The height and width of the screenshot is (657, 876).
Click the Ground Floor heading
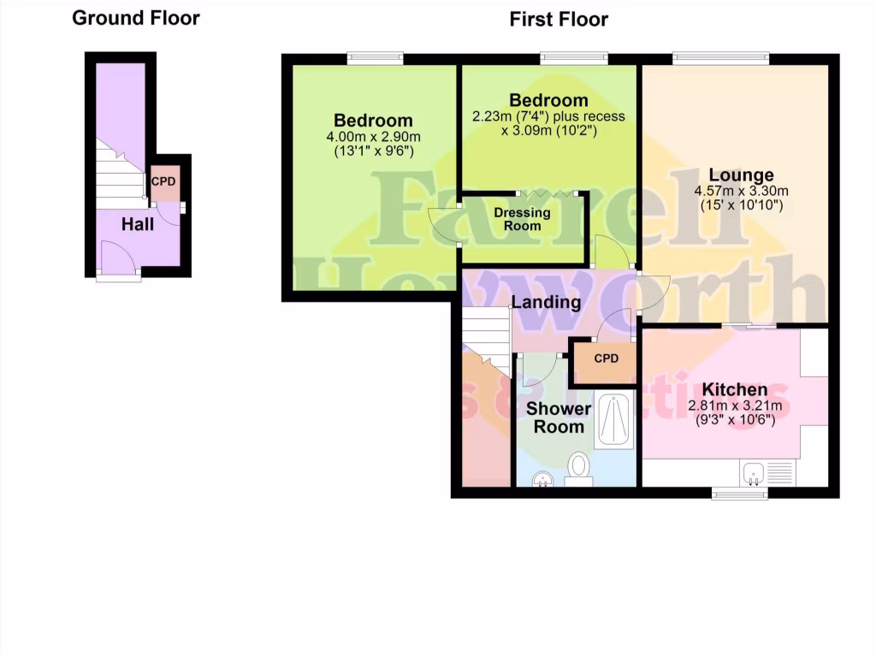coord(135,18)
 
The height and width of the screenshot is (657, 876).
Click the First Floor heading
coord(559,19)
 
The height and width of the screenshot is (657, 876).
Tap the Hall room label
coord(138,224)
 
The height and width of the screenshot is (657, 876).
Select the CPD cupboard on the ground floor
coord(165,183)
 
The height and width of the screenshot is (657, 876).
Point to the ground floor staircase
coord(120,175)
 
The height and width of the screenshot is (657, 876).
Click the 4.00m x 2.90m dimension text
coord(373,137)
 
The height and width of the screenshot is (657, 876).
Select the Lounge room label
coord(741,175)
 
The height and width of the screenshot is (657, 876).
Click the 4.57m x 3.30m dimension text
coord(741,191)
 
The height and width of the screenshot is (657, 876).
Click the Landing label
coord(546,302)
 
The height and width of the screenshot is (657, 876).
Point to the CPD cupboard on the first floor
coord(606,359)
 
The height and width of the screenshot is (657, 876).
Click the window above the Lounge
coord(720,58)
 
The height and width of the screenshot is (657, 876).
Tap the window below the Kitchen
coord(740,493)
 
